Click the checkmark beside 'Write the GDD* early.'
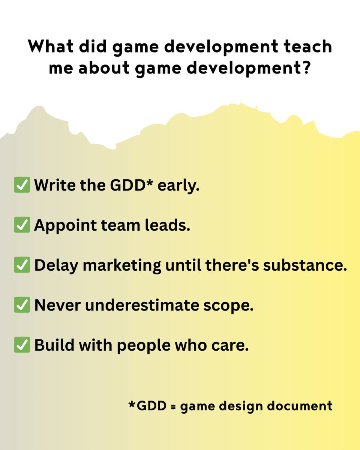click(22, 186)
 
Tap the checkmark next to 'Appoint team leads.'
click(22, 226)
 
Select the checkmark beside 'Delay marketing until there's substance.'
click(22, 265)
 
